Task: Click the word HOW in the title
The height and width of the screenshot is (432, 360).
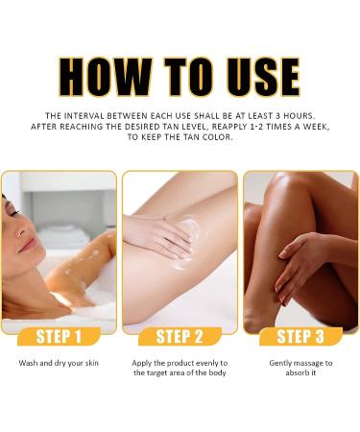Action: coord(105,77)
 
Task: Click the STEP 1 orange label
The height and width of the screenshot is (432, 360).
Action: coord(59,336)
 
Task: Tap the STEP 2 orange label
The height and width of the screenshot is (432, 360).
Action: coord(180,336)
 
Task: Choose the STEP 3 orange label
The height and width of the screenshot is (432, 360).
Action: coord(300,336)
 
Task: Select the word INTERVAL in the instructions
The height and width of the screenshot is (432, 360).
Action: coord(84,115)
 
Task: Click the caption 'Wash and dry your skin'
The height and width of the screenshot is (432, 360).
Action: coord(59,363)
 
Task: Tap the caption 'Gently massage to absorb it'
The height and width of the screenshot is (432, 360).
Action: coord(300,368)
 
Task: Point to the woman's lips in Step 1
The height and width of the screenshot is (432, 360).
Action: coord(28,245)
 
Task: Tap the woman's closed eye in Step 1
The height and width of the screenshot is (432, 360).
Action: coord(14,212)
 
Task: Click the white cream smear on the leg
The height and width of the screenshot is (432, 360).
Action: coord(188,243)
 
